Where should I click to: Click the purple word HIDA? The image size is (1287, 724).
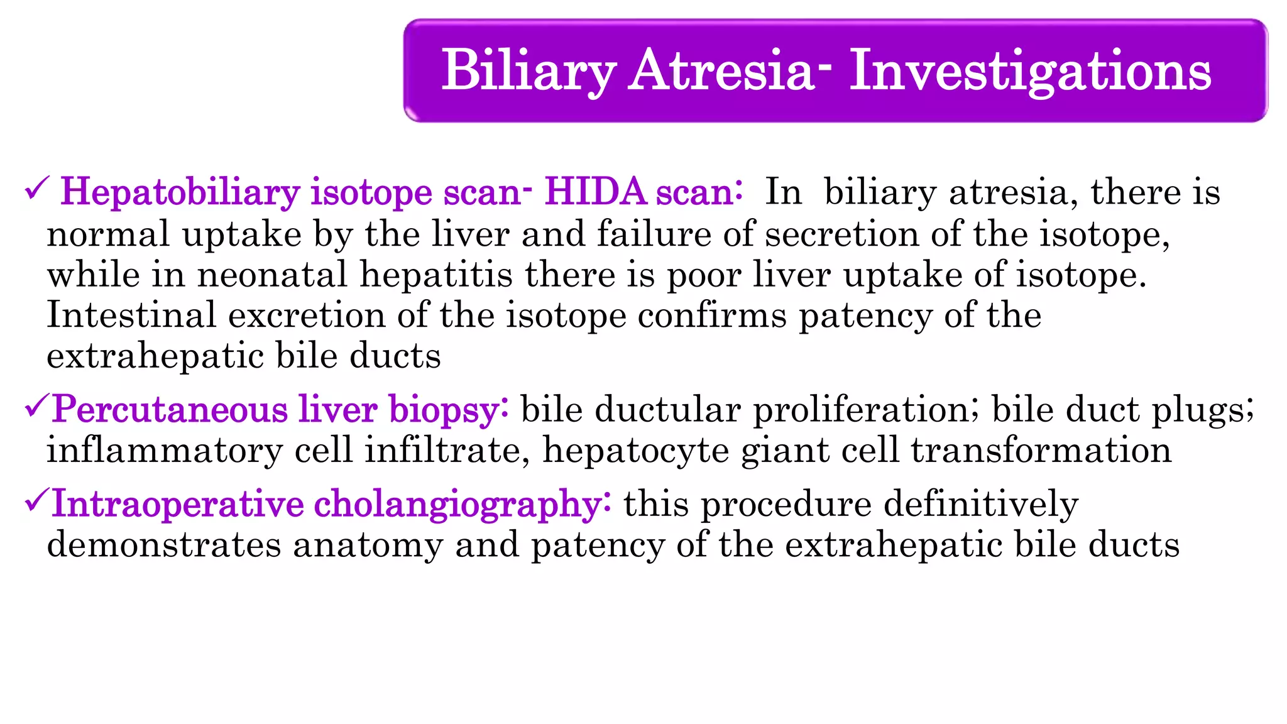pos(596,192)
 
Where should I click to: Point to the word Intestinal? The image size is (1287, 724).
pos(131,315)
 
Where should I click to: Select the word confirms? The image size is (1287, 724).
pos(712,315)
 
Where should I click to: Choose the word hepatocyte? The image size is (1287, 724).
pos(635,451)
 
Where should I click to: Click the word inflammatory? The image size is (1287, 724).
pos(165,451)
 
